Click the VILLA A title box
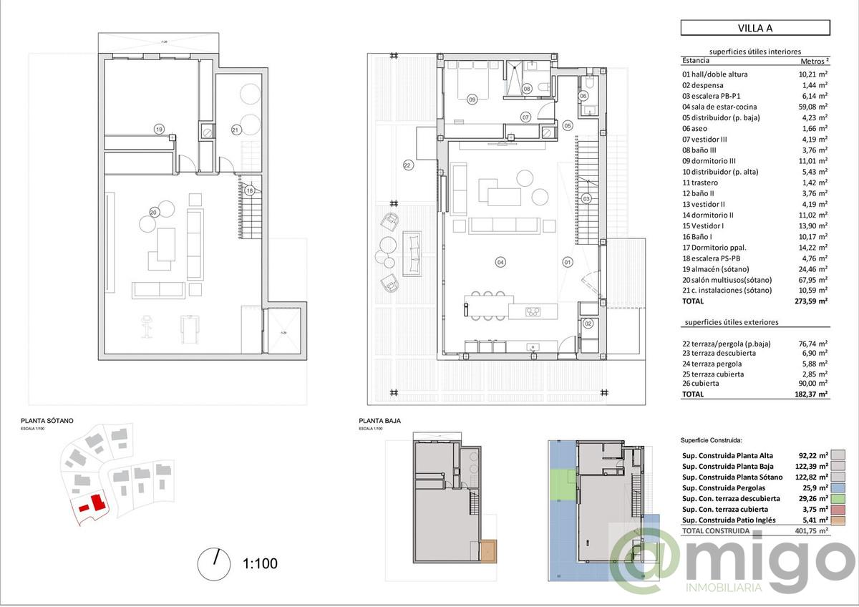pyautogui.click(x=755, y=28)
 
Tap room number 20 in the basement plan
pyautogui.click(x=154, y=211)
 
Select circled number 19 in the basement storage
pyautogui.click(x=159, y=129)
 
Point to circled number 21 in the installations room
pyautogui.click(x=235, y=130)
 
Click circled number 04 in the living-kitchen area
pyautogui.click(x=500, y=262)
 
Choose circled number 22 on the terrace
pyautogui.click(x=407, y=165)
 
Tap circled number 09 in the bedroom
pyautogui.click(x=472, y=99)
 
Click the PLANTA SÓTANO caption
pyautogui.click(x=47, y=422)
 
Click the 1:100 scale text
pyautogui.click(x=261, y=563)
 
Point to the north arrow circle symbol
pyautogui.click(x=213, y=562)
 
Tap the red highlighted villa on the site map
pyautogui.click(x=94, y=504)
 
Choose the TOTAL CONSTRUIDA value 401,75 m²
pyautogui.click(x=812, y=531)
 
